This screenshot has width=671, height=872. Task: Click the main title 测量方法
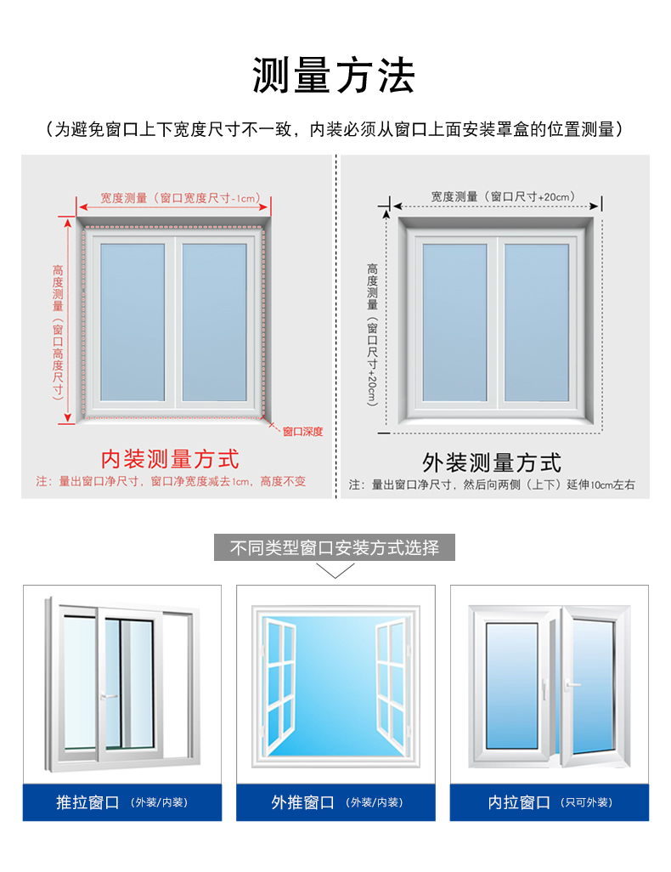[x=334, y=75]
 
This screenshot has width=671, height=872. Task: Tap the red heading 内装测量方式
[x=170, y=459]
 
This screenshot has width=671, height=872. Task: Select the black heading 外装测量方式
[x=492, y=462]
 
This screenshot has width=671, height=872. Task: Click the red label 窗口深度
[x=302, y=432]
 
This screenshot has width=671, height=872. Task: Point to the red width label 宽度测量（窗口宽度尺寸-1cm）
[x=180, y=198]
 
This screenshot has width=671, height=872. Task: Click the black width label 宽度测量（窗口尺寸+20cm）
[x=503, y=196]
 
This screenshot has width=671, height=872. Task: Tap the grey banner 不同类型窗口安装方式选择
[x=335, y=548]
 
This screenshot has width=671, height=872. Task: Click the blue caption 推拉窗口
[x=87, y=802]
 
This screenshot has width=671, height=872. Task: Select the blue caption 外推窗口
[x=303, y=802]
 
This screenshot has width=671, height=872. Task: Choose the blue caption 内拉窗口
[x=519, y=802]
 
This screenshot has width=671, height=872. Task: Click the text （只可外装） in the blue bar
[x=587, y=802]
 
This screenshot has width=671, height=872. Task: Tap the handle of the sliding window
[x=109, y=696]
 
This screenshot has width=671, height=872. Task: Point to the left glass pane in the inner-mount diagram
[x=133, y=322]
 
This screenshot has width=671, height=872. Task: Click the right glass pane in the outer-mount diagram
[x=537, y=323]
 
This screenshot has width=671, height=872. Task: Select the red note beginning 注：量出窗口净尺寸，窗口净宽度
[x=172, y=482]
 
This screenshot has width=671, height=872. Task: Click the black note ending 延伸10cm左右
[x=492, y=485]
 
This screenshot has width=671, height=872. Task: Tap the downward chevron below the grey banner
[x=335, y=570]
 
